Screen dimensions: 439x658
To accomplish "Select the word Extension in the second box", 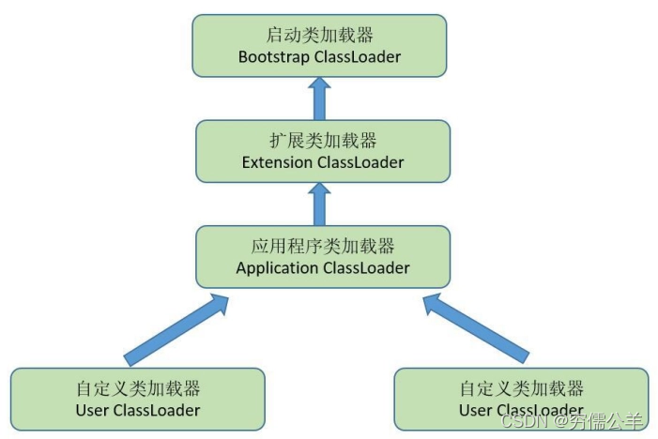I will coord(278,162).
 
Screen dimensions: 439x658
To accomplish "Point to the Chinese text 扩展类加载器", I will coord(323,141).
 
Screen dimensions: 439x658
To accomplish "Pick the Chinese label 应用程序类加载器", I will coord(323,247).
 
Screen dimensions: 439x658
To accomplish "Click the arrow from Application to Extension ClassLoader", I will coord(320,202).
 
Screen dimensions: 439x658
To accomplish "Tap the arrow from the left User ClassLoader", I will coord(177,327).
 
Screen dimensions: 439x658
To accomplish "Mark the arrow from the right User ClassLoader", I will coord(475,327).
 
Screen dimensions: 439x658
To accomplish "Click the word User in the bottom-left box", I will coord(92,411).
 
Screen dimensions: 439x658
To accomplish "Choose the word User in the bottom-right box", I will coord(476,411).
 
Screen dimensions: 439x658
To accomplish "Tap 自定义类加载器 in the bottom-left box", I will coord(138,389).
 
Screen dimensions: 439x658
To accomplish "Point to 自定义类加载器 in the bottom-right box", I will coord(522,389).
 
